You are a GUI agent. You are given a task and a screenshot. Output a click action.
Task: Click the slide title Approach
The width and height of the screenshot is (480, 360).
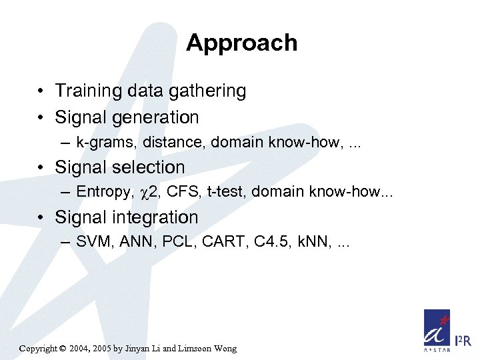point(241,43)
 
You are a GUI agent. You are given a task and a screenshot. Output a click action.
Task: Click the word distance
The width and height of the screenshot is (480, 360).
point(158,142)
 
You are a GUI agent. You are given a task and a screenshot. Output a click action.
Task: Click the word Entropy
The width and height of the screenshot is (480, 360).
point(104,192)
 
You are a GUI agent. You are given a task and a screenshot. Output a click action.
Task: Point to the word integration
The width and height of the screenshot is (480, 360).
point(159,217)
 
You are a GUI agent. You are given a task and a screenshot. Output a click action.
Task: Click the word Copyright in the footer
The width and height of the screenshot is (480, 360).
point(39,349)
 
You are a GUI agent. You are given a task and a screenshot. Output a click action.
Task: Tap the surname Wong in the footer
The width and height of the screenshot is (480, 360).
point(223,349)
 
